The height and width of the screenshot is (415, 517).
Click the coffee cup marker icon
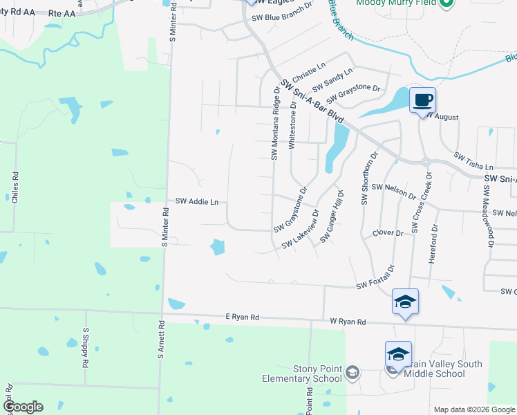point(422,100)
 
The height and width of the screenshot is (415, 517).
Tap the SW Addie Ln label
point(197,202)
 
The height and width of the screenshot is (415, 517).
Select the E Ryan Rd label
point(242,317)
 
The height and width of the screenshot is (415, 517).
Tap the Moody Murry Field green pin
point(446,2)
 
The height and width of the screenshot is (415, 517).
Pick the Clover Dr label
point(388,233)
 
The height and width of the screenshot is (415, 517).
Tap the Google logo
point(22,407)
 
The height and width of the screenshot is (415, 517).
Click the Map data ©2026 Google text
point(474,409)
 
